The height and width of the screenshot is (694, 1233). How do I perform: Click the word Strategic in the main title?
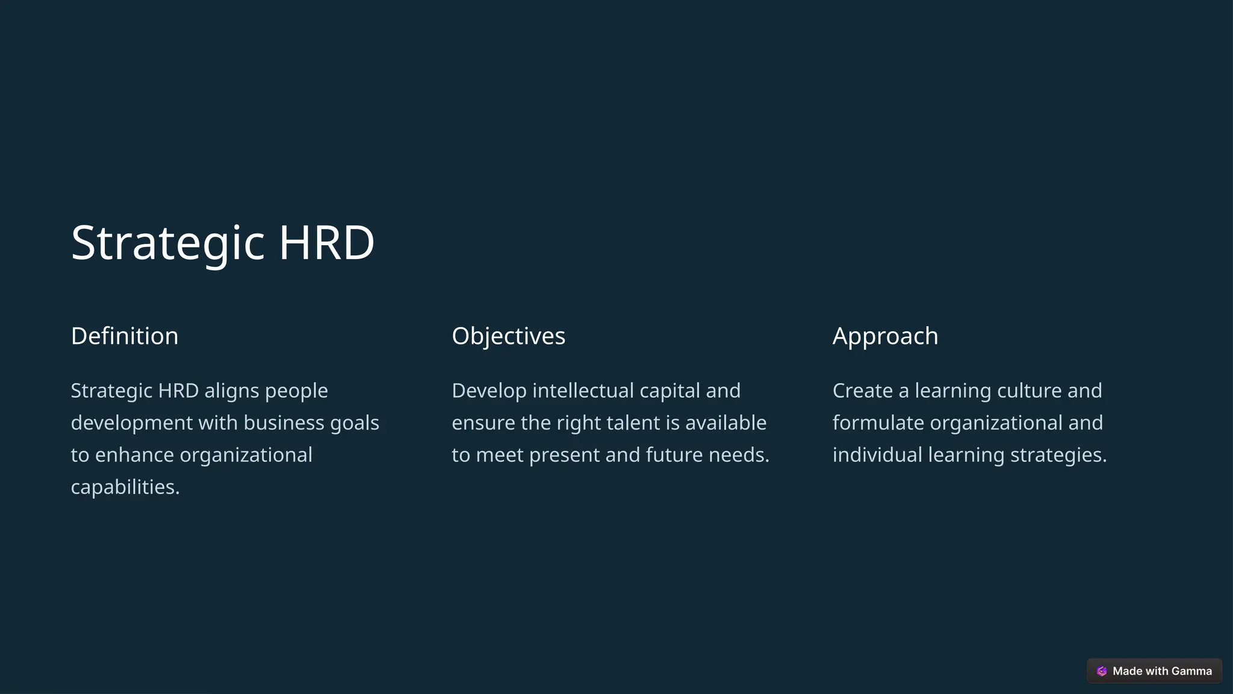[167, 243]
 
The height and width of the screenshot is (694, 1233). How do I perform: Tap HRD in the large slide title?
[326, 243]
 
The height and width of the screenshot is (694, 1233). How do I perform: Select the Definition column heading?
[125, 336]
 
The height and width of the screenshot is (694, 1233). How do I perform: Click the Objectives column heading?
[508, 336]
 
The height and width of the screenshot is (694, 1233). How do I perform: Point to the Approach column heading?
[885, 336]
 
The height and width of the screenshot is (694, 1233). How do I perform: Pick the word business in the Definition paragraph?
[284, 423]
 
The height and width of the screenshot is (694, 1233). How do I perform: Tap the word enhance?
[134, 455]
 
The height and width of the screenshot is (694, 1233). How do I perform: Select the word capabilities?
[125, 487]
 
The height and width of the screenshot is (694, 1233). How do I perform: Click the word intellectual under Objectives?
[583, 391]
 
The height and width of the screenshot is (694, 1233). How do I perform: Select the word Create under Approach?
[863, 391]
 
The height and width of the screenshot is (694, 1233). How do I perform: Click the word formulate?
[878, 423]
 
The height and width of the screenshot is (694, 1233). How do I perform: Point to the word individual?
[877, 455]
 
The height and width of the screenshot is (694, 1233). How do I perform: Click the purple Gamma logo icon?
[1102, 671]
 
